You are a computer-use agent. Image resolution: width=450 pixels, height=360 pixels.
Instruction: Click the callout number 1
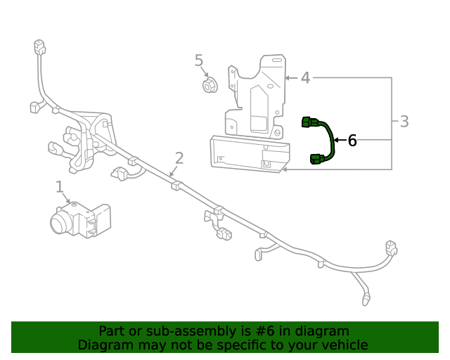tap(59, 186)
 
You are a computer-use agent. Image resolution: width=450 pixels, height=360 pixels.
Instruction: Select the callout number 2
tap(179, 158)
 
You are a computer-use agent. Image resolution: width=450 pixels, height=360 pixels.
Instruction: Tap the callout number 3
tap(404, 122)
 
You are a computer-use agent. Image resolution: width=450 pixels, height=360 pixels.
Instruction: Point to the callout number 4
tap(305, 78)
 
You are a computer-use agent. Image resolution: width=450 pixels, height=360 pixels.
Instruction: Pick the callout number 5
tap(199, 61)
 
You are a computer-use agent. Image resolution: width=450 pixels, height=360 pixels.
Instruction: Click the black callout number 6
tap(352, 141)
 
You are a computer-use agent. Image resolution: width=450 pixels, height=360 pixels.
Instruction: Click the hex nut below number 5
tap(209, 86)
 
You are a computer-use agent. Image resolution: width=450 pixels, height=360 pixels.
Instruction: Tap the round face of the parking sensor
tap(61, 224)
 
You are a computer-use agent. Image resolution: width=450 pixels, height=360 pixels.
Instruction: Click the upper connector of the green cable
tap(310, 123)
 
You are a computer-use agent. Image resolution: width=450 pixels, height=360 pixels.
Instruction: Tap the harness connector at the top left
tap(39, 48)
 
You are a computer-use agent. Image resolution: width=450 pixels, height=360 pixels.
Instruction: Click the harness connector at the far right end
tap(390, 248)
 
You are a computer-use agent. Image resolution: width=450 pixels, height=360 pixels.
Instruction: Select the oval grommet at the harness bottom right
tap(366, 301)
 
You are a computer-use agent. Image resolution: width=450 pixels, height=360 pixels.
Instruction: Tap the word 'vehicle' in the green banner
tap(344, 345)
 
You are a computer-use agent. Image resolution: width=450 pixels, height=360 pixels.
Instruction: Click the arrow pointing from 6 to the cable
tap(338, 141)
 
